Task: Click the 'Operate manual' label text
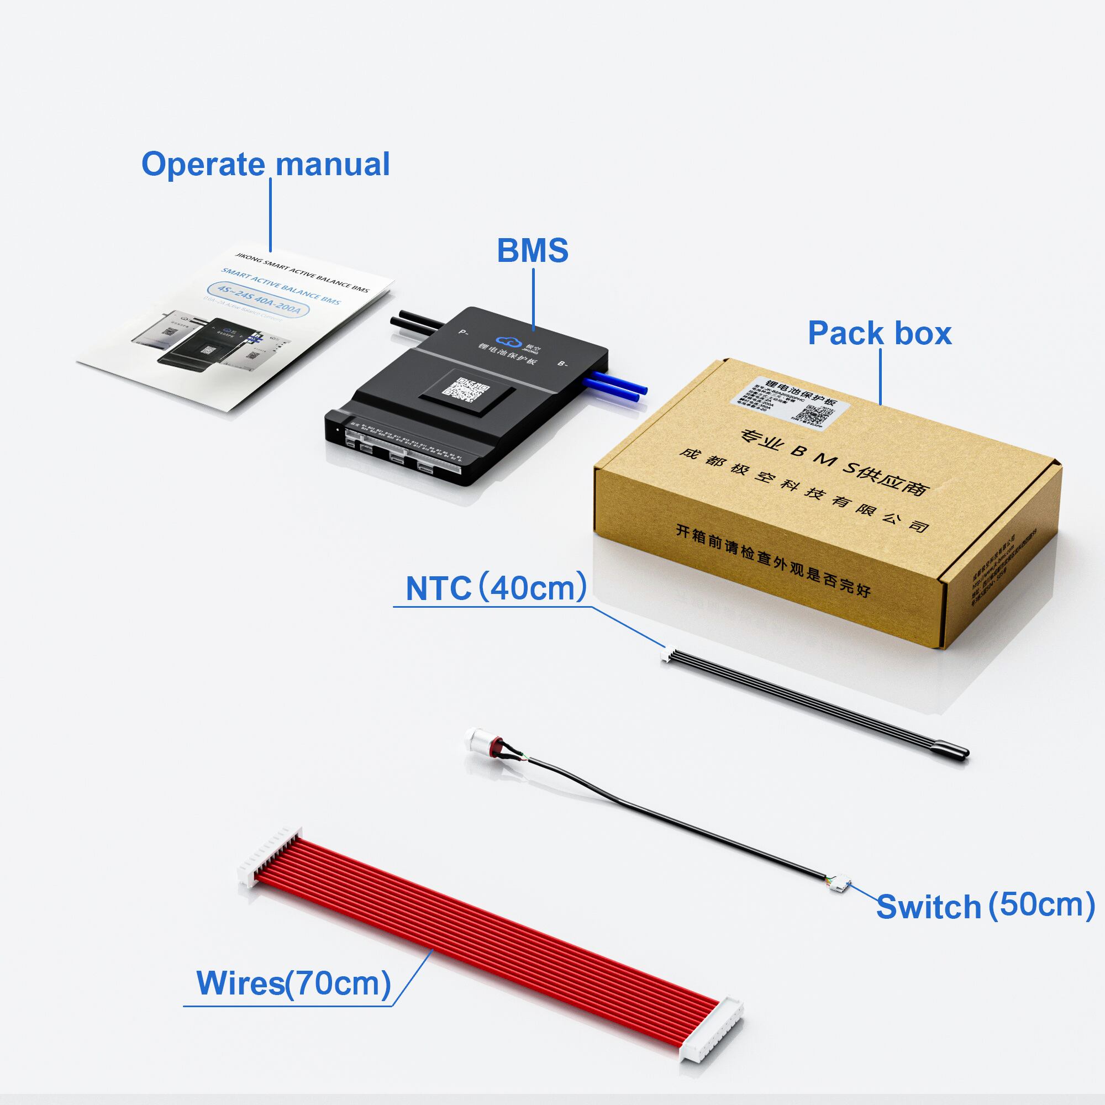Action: pos(265,164)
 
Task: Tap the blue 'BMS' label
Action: pos(533,250)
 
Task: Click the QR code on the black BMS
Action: pos(468,390)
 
